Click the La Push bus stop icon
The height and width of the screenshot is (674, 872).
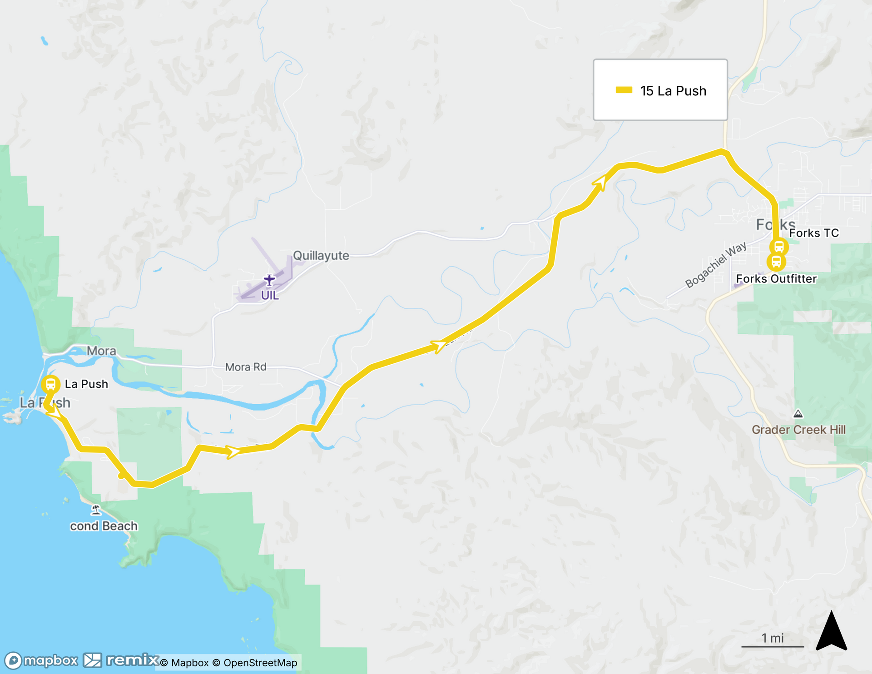(50, 385)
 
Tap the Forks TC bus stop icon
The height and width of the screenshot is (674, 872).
(779, 247)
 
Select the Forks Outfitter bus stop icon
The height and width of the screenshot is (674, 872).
(776, 262)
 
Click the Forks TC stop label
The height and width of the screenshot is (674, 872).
(814, 233)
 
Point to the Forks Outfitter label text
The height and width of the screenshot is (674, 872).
(776, 279)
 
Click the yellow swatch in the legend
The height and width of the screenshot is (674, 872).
(624, 90)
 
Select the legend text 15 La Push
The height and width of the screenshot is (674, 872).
(673, 91)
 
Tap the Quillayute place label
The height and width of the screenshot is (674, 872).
(321, 256)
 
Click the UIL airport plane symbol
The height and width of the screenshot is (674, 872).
(269, 280)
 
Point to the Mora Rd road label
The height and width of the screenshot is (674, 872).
(246, 367)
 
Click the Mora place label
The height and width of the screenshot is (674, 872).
(101, 351)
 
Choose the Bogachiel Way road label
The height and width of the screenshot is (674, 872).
(715, 265)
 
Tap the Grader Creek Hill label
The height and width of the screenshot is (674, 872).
(798, 430)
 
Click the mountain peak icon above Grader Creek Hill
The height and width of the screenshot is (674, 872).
(798, 414)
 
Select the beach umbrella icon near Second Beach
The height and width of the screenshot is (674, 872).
(95, 510)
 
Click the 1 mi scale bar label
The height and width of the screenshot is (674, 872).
(773, 638)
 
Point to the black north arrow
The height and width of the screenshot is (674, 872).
(831, 632)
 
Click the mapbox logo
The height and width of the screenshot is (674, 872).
(42, 660)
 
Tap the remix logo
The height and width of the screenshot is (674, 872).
(122, 660)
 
